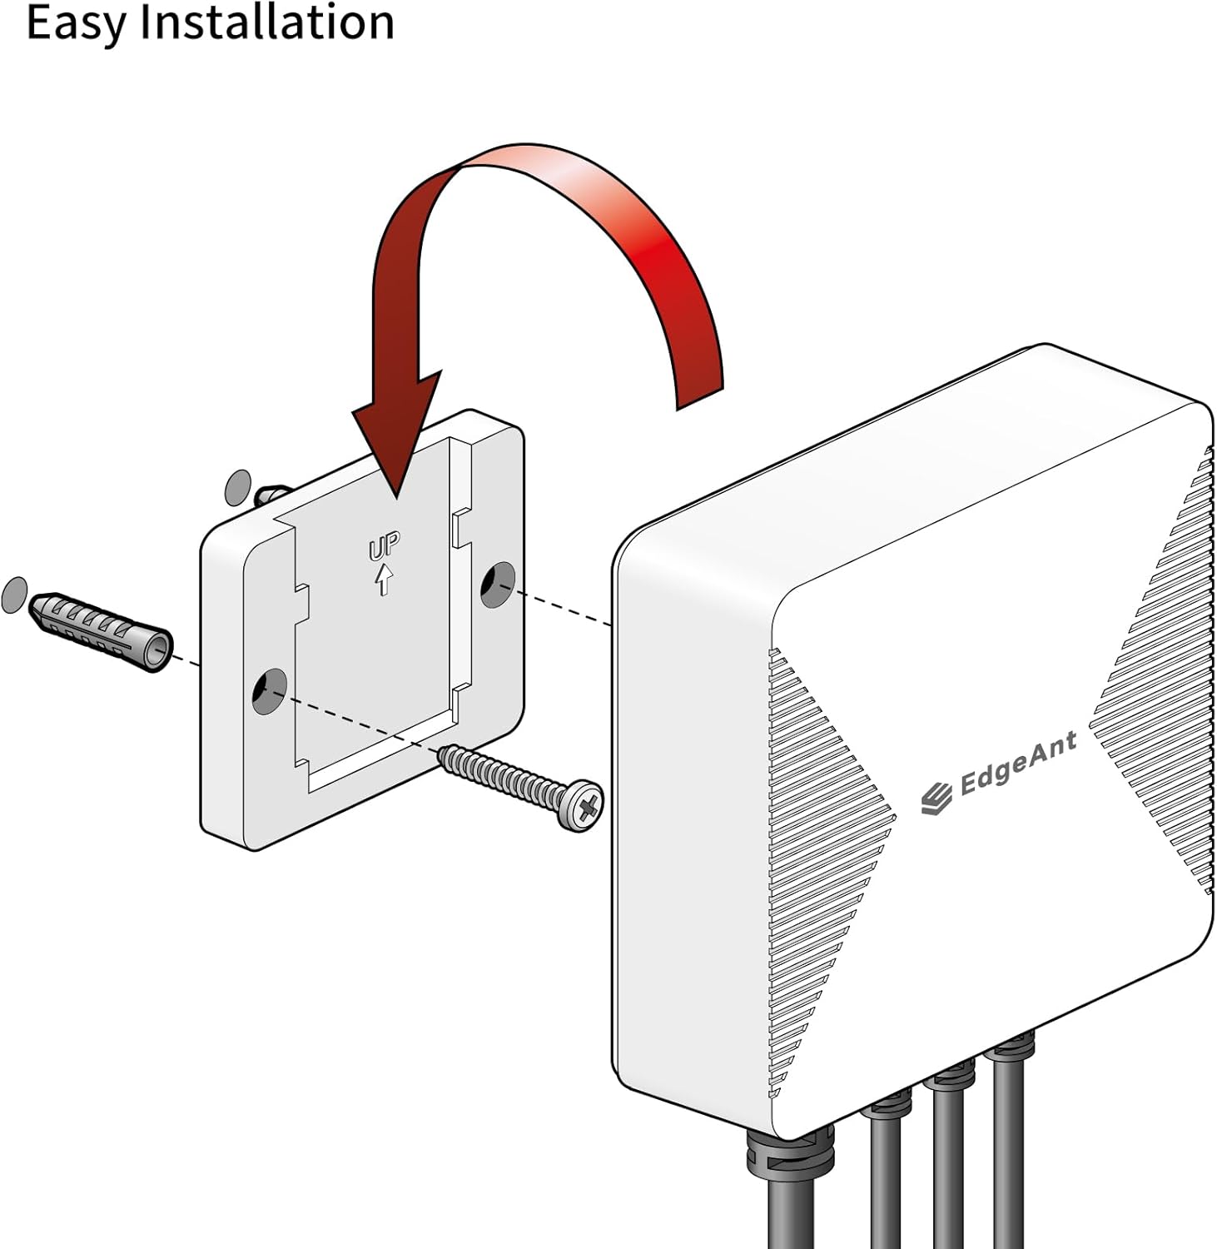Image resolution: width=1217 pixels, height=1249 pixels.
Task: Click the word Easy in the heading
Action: click(76, 22)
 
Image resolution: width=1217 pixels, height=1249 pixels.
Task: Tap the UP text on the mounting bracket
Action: click(385, 547)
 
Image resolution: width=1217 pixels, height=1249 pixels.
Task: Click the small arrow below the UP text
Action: click(384, 580)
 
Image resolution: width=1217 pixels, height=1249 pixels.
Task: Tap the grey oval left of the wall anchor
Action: click(14, 595)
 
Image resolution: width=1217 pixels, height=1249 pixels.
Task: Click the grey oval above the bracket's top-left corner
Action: click(238, 487)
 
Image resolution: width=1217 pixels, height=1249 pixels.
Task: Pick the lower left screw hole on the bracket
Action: click(270, 691)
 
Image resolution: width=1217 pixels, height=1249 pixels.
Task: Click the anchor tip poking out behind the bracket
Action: click(272, 495)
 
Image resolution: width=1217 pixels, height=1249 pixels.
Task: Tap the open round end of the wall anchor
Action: click(158, 652)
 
